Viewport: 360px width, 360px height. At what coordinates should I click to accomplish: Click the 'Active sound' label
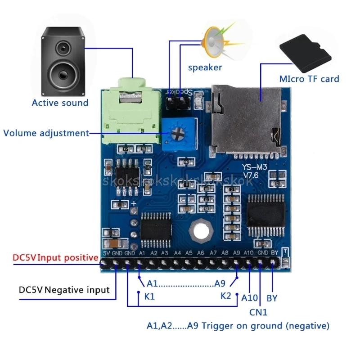click(60, 103)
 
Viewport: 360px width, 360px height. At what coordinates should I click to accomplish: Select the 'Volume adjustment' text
click(46, 133)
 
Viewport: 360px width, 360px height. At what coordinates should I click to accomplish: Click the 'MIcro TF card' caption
click(309, 79)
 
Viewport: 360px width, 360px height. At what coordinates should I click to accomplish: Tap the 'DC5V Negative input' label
click(64, 290)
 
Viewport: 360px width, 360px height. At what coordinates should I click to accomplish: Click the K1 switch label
click(149, 297)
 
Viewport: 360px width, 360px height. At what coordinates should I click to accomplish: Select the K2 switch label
click(226, 296)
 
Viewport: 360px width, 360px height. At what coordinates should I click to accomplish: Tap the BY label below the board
click(272, 297)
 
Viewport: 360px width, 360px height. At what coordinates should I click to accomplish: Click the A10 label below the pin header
click(249, 297)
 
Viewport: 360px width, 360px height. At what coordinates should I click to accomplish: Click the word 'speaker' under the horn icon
click(205, 67)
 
